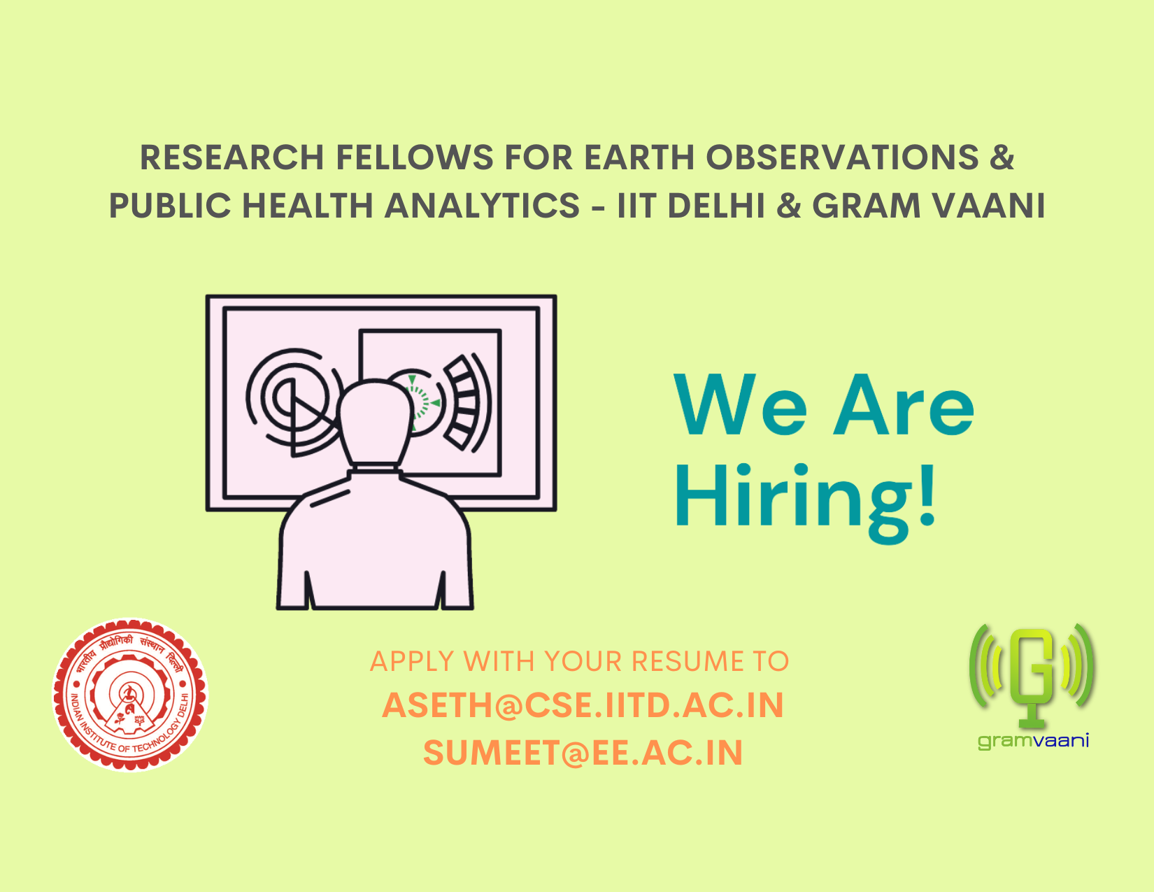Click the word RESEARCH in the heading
point(232,157)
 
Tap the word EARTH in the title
point(639,157)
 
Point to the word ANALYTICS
point(482,206)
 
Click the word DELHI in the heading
point(715,206)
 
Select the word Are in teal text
point(903,405)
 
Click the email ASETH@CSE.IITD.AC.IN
point(583,705)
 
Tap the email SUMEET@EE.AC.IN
point(583,753)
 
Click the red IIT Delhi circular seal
point(130,695)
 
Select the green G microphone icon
point(1032,676)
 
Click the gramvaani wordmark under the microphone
point(1034,741)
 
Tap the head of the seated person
point(376,423)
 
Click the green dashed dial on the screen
point(422,403)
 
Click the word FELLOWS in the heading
point(415,157)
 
